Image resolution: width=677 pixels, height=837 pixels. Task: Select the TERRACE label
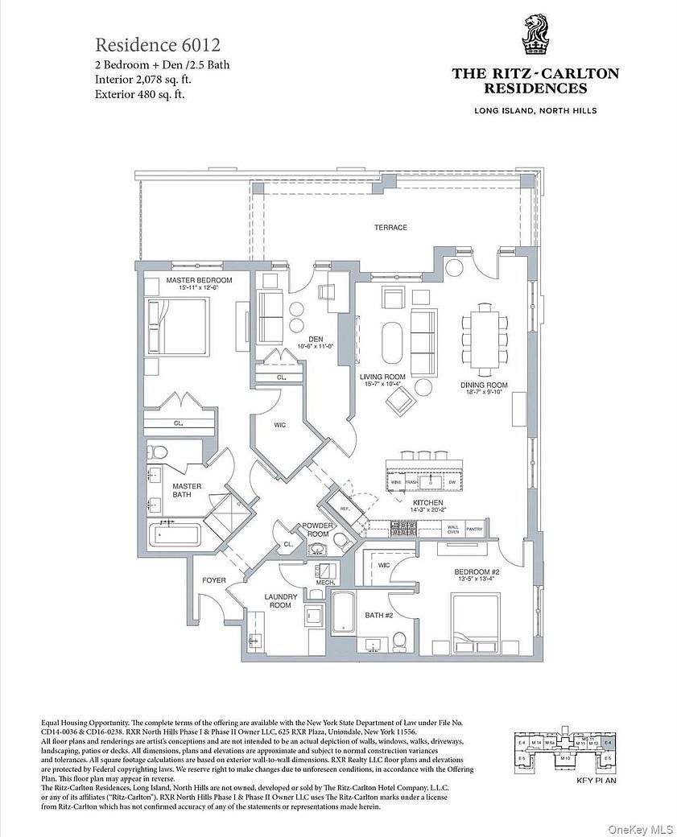pos(390,228)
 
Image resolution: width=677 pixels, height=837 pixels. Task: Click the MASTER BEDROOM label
pos(199,280)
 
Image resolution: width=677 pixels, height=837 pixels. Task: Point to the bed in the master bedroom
pos(179,327)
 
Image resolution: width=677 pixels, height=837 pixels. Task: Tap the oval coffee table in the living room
pos(393,344)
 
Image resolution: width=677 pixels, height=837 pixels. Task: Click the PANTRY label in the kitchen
pos(475,530)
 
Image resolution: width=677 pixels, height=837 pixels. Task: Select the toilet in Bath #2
pos(398,641)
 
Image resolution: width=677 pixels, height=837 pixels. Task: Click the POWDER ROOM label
pos(317,530)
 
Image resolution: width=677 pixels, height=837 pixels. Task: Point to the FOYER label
pos(213,580)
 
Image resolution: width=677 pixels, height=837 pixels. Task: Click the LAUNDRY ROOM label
pos(282,600)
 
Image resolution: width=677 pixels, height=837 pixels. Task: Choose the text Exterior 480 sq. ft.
pos(147,93)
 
